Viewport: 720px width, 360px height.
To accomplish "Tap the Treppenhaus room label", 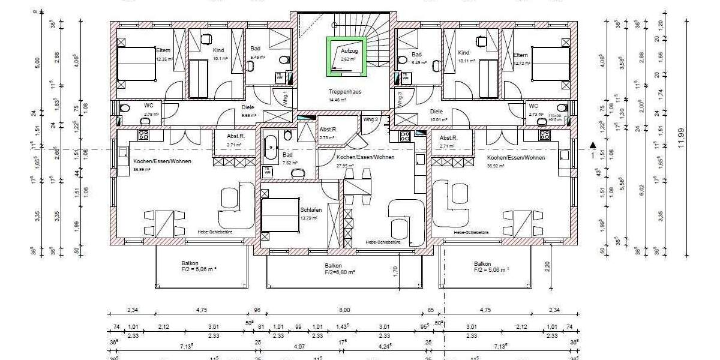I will tap(344, 92).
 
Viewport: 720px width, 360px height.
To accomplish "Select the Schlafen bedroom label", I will tap(311, 210).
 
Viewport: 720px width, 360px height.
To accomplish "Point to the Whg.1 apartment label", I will tap(286, 97).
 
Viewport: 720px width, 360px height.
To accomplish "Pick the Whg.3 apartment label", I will tap(400, 98).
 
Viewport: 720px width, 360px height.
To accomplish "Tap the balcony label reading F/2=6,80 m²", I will tap(333, 272).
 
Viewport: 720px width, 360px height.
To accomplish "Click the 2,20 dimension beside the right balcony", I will tap(547, 265).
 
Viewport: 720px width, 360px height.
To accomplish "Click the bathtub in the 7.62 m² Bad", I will tap(271, 146).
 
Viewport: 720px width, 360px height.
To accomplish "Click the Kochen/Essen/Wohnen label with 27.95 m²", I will tap(356, 157).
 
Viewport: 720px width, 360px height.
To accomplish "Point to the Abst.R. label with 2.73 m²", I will tap(328, 130).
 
